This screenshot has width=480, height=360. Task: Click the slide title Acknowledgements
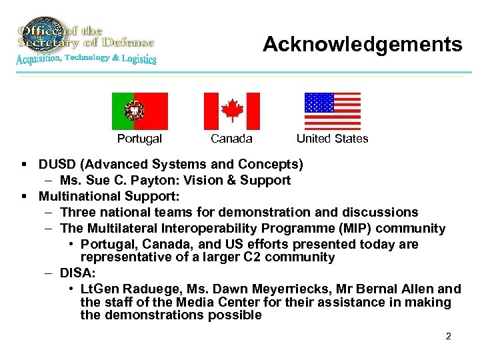click(x=362, y=44)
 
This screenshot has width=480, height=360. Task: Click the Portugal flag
click(x=140, y=111)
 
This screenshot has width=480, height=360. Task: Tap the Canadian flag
click(x=231, y=111)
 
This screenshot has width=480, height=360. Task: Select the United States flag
click(x=332, y=111)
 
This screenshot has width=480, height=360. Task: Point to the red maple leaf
click(x=231, y=111)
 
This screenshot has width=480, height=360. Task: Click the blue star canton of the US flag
click(x=319, y=103)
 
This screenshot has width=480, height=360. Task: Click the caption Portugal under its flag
click(x=139, y=139)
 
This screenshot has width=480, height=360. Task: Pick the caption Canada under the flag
click(x=231, y=139)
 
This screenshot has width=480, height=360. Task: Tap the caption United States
click(x=332, y=139)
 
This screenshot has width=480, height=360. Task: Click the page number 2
click(x=448, y=336)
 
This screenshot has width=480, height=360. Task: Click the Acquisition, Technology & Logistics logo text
click(x=87, y=59)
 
